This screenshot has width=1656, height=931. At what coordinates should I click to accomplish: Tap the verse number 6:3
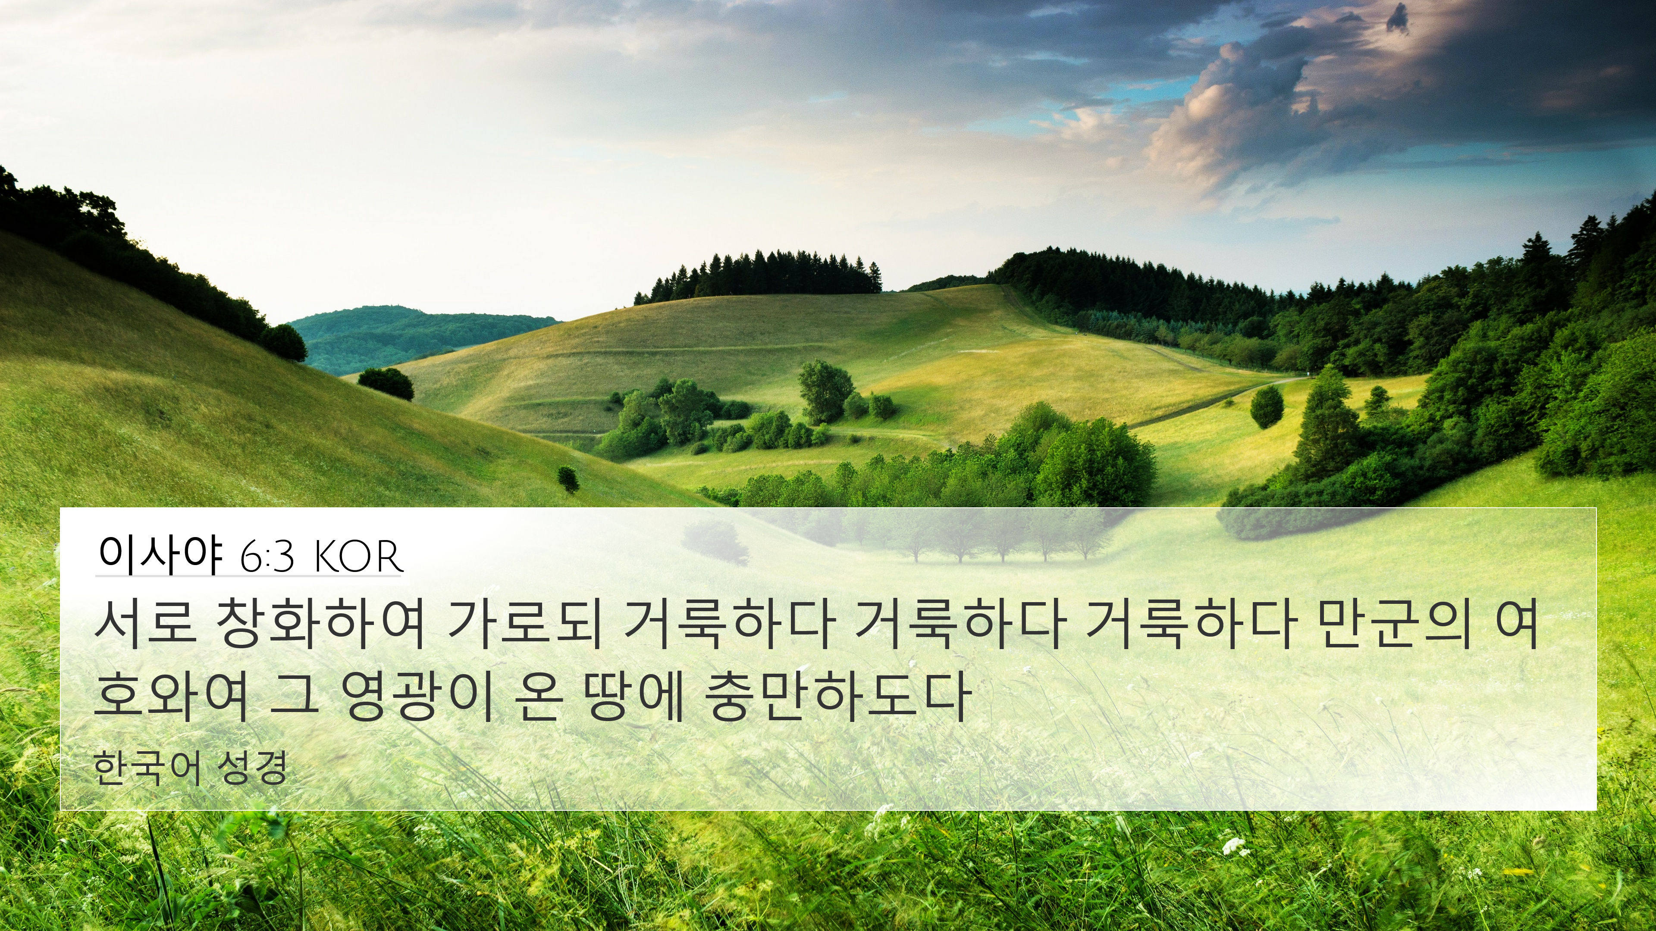[267, 557]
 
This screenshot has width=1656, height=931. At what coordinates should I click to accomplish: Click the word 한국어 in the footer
[147, 769]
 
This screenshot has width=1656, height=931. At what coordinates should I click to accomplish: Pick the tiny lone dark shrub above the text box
[568, 479]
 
